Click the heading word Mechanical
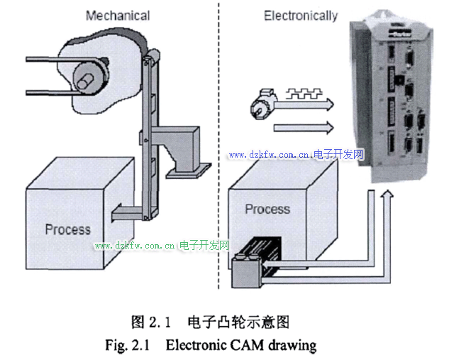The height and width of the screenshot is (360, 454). [117, 15]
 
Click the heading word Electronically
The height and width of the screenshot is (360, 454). [300, 16]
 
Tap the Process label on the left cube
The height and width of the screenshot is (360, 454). [68, 229]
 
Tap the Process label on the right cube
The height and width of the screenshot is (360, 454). [267, 209]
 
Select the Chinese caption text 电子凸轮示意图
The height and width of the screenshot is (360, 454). [238, 322]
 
